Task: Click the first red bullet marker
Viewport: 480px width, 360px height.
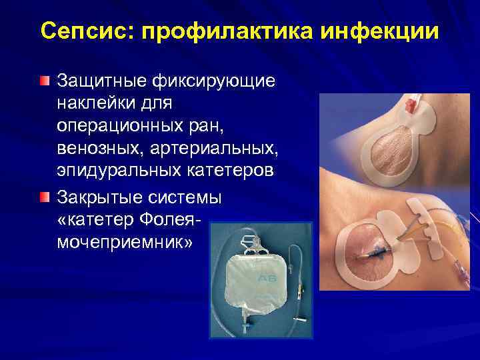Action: [x=44, y=82]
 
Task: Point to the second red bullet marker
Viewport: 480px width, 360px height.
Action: [x=44, y=198]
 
